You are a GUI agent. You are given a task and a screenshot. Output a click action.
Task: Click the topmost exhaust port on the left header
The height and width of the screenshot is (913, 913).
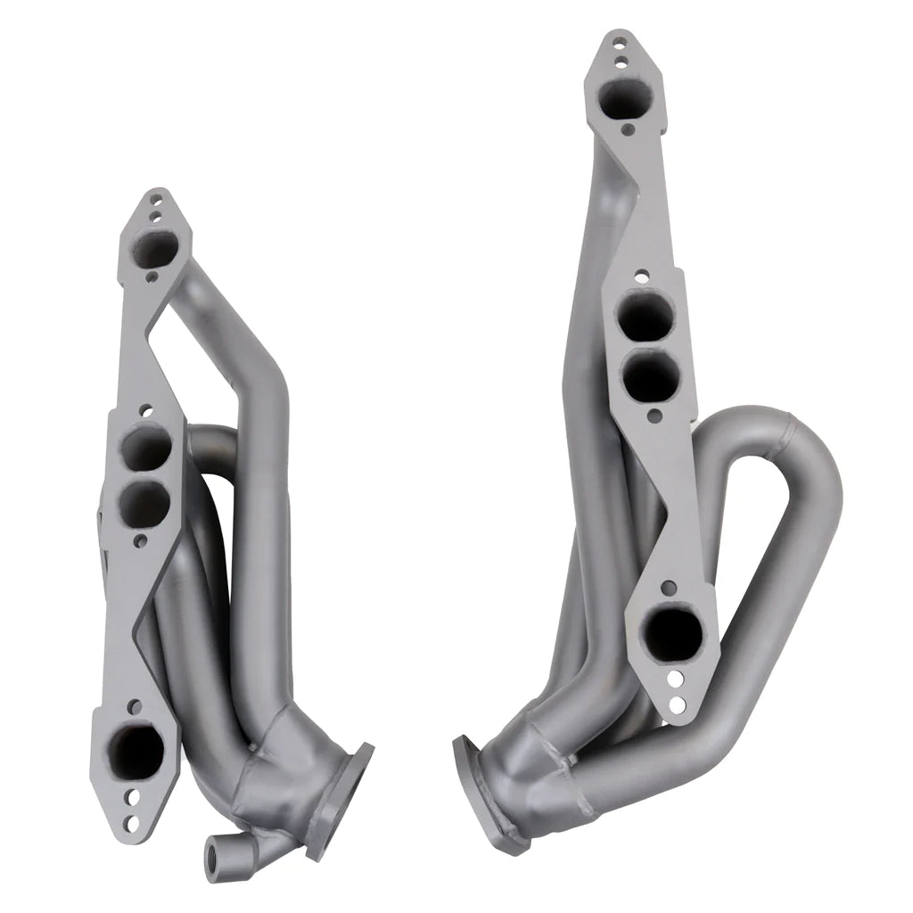[x=156, y=247]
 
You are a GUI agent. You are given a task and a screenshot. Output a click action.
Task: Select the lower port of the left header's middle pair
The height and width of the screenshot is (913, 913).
[x=144, y=504]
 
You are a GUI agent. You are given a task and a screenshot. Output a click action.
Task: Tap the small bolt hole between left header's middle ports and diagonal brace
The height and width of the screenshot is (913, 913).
[x=140, y=540]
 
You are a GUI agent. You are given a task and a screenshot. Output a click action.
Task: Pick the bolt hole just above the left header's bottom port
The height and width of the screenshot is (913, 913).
[x=134, y=706]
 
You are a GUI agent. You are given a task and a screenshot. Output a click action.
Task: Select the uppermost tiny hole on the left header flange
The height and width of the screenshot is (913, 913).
[x=157, y=202]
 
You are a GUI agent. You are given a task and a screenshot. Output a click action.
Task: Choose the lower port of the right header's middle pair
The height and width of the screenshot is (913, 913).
[x=650, y=378]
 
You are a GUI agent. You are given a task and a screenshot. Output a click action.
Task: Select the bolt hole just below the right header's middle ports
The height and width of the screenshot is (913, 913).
[x=654, y=415]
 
